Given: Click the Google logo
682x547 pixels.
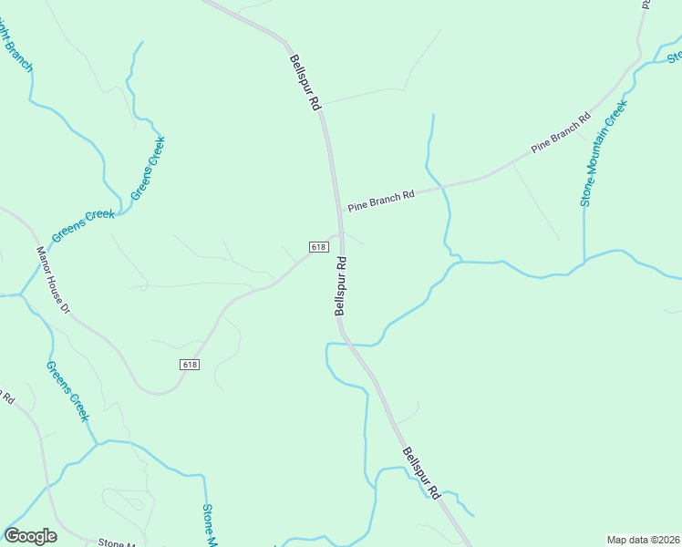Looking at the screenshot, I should tap(31, 536).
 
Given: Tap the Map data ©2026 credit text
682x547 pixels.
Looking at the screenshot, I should tap(644, 540).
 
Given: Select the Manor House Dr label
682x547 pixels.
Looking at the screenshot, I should tap(53, 280).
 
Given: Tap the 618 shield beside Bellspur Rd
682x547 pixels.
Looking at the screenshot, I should tap(318, 247).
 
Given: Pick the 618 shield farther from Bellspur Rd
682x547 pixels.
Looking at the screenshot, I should tap(189, 364).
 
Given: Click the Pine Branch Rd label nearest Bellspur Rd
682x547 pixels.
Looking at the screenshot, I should tap(381, 198).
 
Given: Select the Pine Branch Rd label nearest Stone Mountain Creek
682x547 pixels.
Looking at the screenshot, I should tap(562, 133).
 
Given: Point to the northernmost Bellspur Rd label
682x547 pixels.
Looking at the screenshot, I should tap(306, 83).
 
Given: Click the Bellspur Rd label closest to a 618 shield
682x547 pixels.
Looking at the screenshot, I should tap(341, 286).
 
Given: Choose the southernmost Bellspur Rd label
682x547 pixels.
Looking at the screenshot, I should tap(422, 473).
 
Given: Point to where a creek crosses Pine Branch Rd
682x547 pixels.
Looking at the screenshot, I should tap(443, 185).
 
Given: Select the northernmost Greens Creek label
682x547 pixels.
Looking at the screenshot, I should tap(149, 168).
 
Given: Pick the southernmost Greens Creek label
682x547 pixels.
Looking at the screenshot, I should tap(68, 390).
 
